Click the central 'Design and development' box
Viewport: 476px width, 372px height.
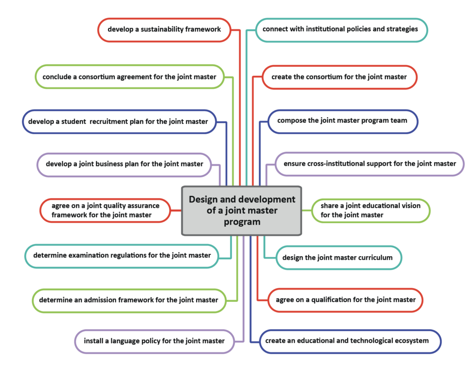(x=242, y=211)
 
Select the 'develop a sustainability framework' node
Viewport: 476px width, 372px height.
(x=164, y=30)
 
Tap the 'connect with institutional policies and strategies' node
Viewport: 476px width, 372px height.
(x=342, y=30)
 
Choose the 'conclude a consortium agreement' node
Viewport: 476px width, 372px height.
(x=130, y=77)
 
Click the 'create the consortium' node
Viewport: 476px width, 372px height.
(x=339, y=77)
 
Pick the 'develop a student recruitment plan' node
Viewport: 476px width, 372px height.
(x=119, y=122)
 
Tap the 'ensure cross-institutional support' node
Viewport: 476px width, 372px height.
(x=370, y=164)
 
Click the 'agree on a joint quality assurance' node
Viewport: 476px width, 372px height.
(x=106, y=210)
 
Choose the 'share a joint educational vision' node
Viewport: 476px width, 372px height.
(x=370, y=211)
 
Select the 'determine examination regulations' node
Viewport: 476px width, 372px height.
(x=121, y=256)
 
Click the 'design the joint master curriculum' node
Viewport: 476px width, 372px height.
(x=339, y=257)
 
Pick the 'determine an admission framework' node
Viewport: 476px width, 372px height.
(x=129, y=300)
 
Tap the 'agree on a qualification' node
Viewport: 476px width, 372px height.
(x=345, y=300)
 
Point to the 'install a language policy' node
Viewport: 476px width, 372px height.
(x=154, y=342)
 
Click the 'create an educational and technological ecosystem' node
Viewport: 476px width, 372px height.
(x=350, y=341)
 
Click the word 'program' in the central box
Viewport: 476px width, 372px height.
(x=242, y=222)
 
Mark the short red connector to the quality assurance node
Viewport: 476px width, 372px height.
(x=176, y=210)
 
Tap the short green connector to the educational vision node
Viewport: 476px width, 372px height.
(x=307, y=210)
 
